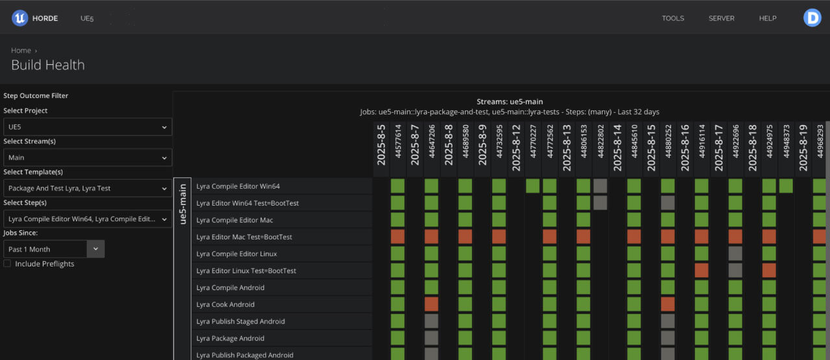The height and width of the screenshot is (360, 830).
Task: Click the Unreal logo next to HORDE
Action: [x=19, y=18]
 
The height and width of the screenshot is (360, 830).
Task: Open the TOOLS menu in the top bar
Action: [x=673, y=18]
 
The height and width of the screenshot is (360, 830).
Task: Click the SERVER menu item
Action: [x=721, y=18]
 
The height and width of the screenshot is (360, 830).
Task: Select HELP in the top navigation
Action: [x=767, y=18]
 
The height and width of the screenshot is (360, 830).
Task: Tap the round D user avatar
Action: [x=812, y=18]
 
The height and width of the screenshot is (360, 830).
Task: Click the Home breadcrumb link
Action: [x=21, y=50]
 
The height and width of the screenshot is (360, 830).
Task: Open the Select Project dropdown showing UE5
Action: [x=88, y=126]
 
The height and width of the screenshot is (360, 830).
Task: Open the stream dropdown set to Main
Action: [x=88, y=158]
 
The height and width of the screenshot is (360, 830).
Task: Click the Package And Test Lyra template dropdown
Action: [x=88, y=188]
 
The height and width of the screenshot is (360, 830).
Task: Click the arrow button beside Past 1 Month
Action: [x=95, y=249]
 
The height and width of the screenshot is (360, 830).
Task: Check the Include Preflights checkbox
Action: [x=7, y=263]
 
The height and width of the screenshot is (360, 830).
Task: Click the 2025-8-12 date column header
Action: [x=516, y=148]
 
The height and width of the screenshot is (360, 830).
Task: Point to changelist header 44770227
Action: [x=533, y=141]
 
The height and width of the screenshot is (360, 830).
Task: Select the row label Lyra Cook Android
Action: [x=225, y=304]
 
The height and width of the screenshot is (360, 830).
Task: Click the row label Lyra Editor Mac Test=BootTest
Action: [x=244, y=237]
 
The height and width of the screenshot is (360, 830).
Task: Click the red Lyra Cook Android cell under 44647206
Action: [x=431, y=304]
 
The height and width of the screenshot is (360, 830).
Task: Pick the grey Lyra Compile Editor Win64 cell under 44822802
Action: [x=600, y=186]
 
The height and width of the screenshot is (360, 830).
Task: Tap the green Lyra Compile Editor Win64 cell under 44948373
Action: [x=786, y=186]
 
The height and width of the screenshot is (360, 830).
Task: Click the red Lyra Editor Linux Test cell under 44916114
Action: [x=702, y=270]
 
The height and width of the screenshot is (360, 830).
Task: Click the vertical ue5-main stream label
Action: [x=182, y=204]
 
